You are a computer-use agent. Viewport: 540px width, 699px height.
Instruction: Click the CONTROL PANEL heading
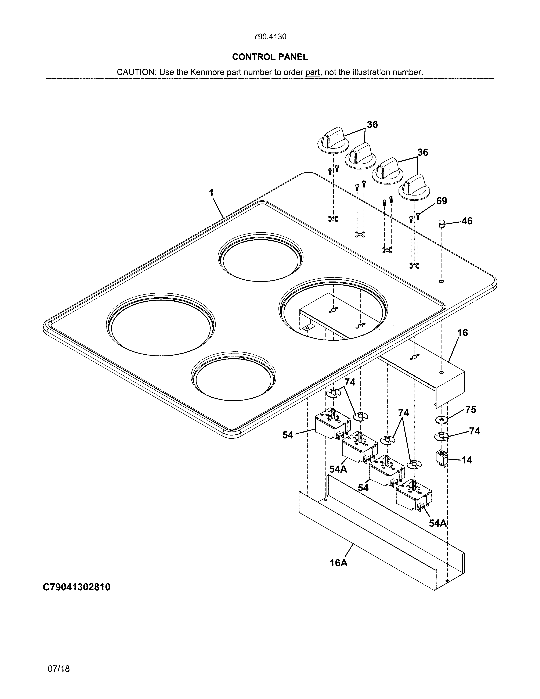(270, 57)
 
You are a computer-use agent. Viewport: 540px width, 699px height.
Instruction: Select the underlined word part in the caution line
(313, 72)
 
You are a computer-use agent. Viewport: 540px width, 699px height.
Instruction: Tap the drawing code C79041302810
(77, 587)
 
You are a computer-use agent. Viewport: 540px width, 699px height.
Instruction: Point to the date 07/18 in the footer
(58, 668)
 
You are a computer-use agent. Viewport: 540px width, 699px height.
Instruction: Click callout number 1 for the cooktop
(211, 193)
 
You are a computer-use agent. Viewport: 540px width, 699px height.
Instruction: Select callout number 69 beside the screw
(442, 201)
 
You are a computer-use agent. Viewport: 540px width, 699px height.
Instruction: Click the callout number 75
(470, 410)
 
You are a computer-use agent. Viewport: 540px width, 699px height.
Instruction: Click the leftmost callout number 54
(288, 435)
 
